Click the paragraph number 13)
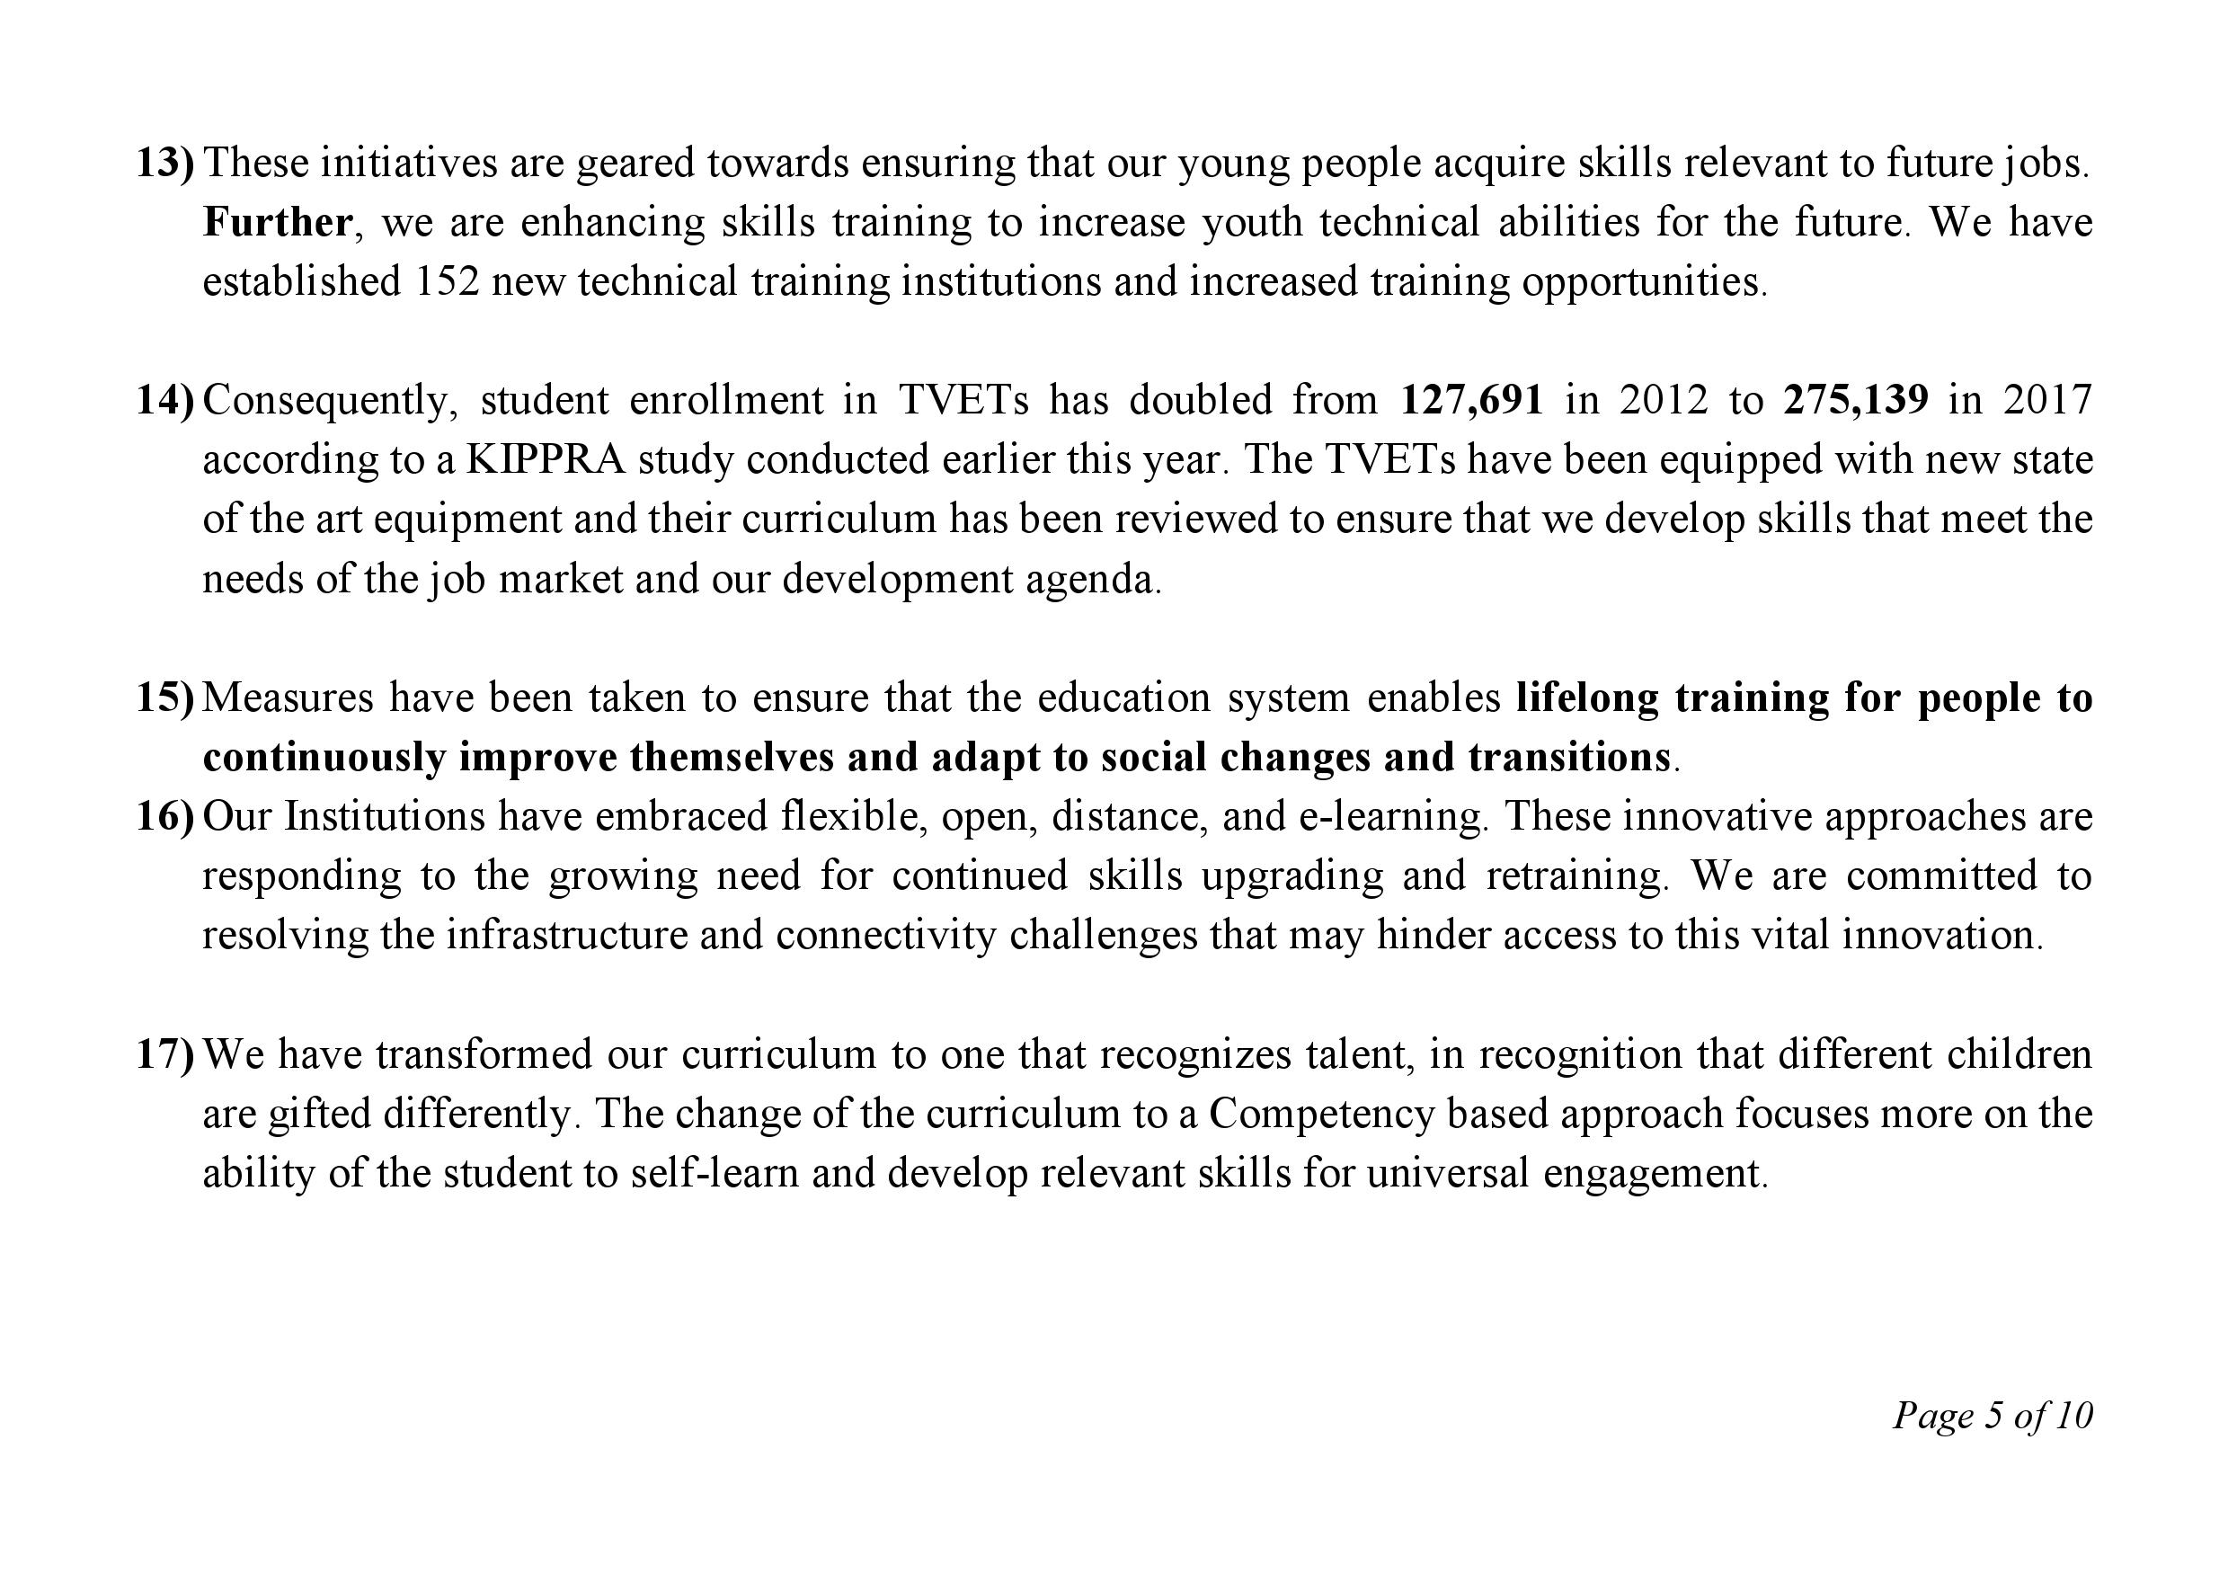point(165,163)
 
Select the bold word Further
point(277,222)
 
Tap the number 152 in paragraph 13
point(448,281)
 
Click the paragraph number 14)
point(165,400)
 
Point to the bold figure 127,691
point(1471,400)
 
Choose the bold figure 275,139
point(1855,400)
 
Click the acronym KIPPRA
point(546,459)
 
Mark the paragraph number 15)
point(165,698)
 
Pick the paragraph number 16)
point(165,816)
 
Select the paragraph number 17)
point(165,1053)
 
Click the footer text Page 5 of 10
point(1993,1416)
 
